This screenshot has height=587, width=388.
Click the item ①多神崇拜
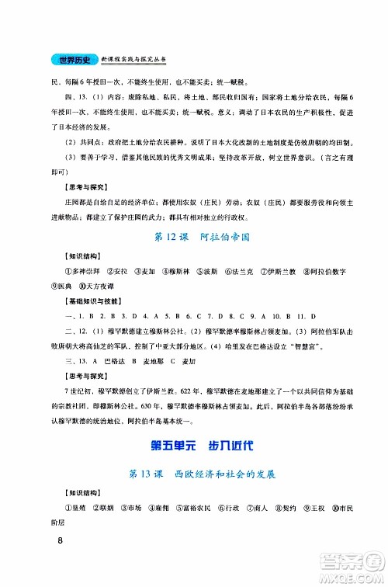point(66,272)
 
